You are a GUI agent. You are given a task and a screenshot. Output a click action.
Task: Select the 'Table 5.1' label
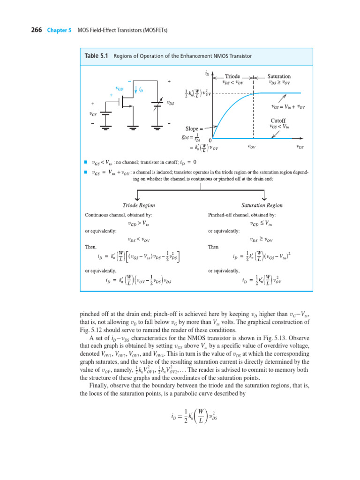(96, 56)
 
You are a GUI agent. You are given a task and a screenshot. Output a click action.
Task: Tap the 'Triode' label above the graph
(232, 76)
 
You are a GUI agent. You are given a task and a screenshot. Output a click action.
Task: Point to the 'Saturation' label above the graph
(279, 76)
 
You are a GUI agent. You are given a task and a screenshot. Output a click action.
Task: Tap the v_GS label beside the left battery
(92, 114)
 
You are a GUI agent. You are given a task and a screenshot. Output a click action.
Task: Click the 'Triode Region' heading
(139, 205)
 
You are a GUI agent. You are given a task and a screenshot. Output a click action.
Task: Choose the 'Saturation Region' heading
(262, 205)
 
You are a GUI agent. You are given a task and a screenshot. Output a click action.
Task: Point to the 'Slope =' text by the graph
(195, 128)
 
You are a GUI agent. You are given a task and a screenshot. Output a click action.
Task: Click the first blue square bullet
(86, 162)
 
